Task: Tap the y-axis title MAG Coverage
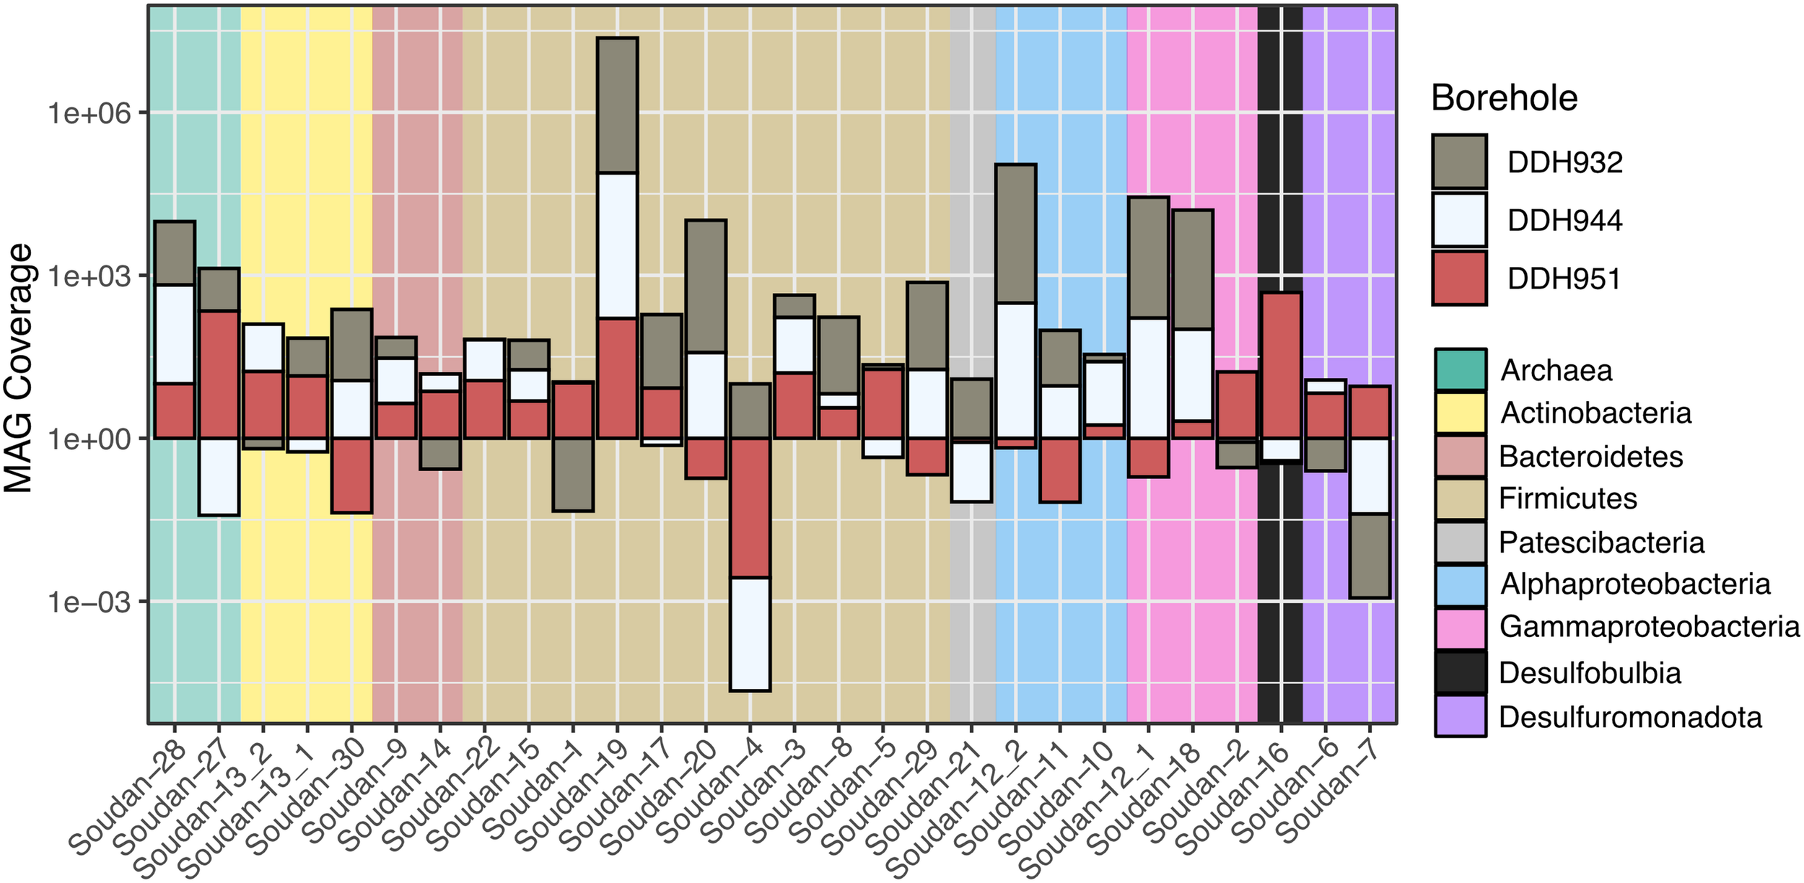(19, 368)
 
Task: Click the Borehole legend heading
(1504, 97)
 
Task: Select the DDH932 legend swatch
(1459, 162)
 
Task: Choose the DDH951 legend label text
(1564, 279)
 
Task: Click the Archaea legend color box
(1460, 369)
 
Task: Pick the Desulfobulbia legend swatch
(1460, 672)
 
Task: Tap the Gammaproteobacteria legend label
(1649, 626)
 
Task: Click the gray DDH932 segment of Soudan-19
(617, 105)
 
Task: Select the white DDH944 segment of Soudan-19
(617, 245)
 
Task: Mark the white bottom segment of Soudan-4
(750, 634)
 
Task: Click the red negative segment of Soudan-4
(750, 507)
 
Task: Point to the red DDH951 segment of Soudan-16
(1281, 365)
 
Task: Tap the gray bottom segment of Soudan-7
(1370, 555)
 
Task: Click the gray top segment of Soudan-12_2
(1015, 233)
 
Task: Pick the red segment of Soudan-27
(219, 374)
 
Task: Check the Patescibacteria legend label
(1601, 542)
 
